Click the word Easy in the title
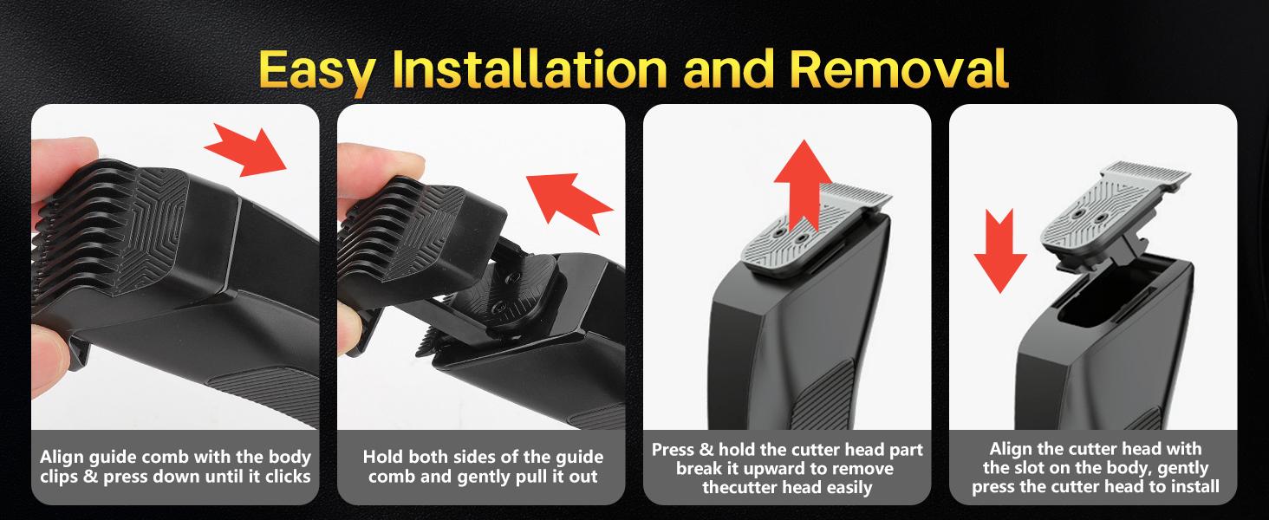click(x=316, y=70)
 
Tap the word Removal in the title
click(x=899, y=68)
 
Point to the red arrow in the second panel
click(x=569, y=200)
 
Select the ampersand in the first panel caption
click(x=91, y=477)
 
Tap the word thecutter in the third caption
click(x=745, y=487)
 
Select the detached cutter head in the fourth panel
click(x=1110, y=215)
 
